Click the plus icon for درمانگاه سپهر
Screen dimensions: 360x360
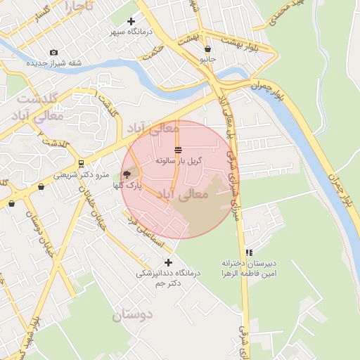click(x=131, y=21)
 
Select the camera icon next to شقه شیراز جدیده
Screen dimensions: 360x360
click(x=53, y=53)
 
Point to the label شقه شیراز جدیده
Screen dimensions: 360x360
click(x=54, y=63)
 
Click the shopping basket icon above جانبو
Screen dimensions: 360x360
click(x=207, y=49)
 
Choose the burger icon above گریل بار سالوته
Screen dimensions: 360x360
click(x=178, y=149)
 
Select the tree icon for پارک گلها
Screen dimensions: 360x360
click(x=127, y=174)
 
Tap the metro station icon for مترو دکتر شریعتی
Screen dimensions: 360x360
click(x=81, y=164)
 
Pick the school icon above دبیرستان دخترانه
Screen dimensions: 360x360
click(x=249, y=252)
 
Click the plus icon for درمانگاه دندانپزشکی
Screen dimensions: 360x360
click(x=168, y=262)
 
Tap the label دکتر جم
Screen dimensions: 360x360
click(x=169, y=283)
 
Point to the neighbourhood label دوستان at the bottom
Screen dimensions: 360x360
click(x=132, y=315)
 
